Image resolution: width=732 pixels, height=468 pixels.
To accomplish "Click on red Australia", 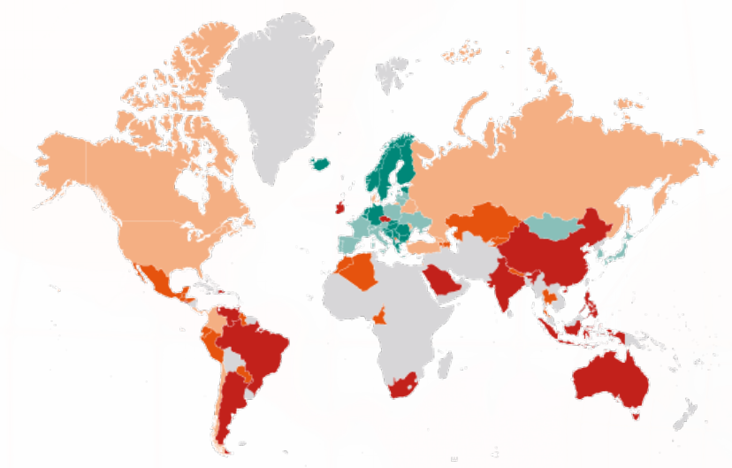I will pos(610,375).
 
